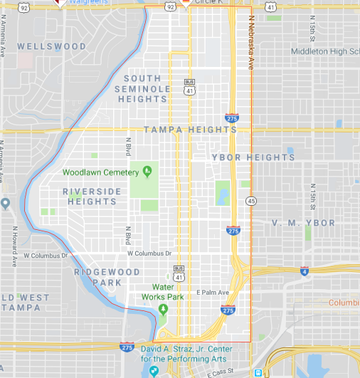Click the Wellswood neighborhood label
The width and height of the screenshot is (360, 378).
pos(52,46)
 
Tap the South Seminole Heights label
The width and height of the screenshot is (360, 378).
pos(147,88)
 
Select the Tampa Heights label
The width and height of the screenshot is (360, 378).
pos(190,130)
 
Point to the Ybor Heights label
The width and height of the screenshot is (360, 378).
pos(253,157)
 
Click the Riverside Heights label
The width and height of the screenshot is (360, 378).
pos(89,196)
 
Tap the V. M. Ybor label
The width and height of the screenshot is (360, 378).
pos(303,223)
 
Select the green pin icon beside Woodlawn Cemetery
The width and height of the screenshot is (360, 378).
pos(147,171)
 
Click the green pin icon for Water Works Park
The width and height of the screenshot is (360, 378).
pos(163,309)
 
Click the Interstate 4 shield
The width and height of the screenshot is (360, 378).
pos(305,271)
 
